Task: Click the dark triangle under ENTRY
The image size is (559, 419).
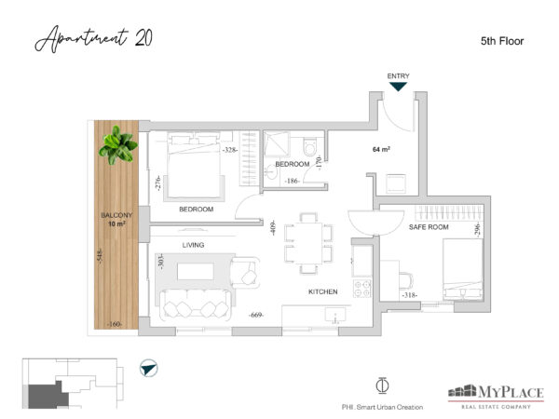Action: pos(398,87)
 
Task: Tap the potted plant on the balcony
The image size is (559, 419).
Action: pos(118,145)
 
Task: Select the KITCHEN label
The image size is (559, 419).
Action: pos(322,291)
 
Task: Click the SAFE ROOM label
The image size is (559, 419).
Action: pos(429,227)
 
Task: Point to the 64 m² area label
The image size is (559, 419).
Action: pos(381,149)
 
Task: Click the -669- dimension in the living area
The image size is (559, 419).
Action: pos(256,315)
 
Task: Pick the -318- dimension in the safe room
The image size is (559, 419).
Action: pos(409,295)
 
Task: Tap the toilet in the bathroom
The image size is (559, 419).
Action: pos(310,147)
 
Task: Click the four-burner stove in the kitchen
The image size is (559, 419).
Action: pos(362,289)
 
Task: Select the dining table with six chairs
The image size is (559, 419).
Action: pos(308,243)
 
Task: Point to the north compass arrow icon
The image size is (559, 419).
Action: pos(149,368)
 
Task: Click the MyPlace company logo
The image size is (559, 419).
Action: pos(496,396)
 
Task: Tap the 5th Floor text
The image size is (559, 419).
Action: pos(502,41)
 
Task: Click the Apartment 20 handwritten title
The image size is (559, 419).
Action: pos(94,38)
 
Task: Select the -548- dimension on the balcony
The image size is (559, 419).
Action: pos(101,256)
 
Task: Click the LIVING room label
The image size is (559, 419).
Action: pos(193,245)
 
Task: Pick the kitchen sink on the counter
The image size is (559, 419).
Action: pos(335,315)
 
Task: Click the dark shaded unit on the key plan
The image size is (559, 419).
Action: pos(48,396)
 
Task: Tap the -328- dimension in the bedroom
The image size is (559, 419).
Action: pos(229,150)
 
